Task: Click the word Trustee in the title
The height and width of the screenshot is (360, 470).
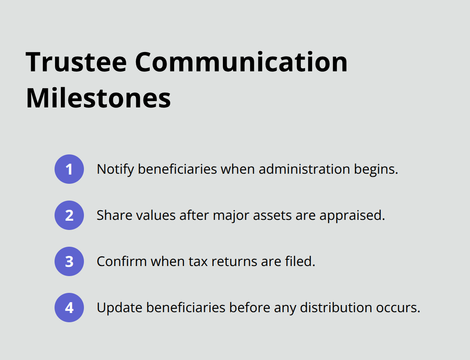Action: pyautogui.click(x=76, y=62)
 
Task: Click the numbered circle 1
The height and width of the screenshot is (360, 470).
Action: pyautogui.click(x=69, y=169)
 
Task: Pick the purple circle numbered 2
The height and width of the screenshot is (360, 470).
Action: pyautogui.click(x=69, y=215)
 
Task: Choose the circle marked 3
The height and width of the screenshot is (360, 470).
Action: pyautogui.click(x=69, y=261)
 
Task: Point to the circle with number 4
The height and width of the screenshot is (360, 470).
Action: pyautogui.click(x=69, y=308)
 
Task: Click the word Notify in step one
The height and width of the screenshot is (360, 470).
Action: pyautogui.click(x=115, y=169)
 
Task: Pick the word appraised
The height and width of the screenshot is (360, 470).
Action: pyautogui.click(x=352, y=216)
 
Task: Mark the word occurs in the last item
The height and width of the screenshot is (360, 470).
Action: pyautogui.click(x=401, y=308)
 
